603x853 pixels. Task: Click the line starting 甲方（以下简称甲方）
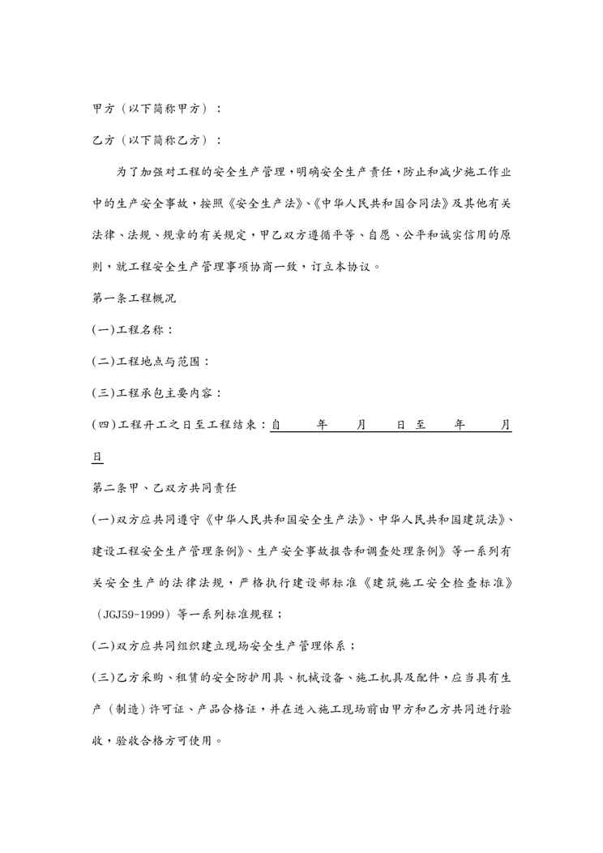coord(156,108)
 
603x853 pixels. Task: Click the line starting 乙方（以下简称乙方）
coord(156,139)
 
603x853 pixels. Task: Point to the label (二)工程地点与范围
coord(151,361)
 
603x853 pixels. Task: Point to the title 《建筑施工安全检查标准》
coord(443,583)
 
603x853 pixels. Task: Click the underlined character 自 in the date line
coord(276,424)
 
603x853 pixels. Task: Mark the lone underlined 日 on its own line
coord(97,457)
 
